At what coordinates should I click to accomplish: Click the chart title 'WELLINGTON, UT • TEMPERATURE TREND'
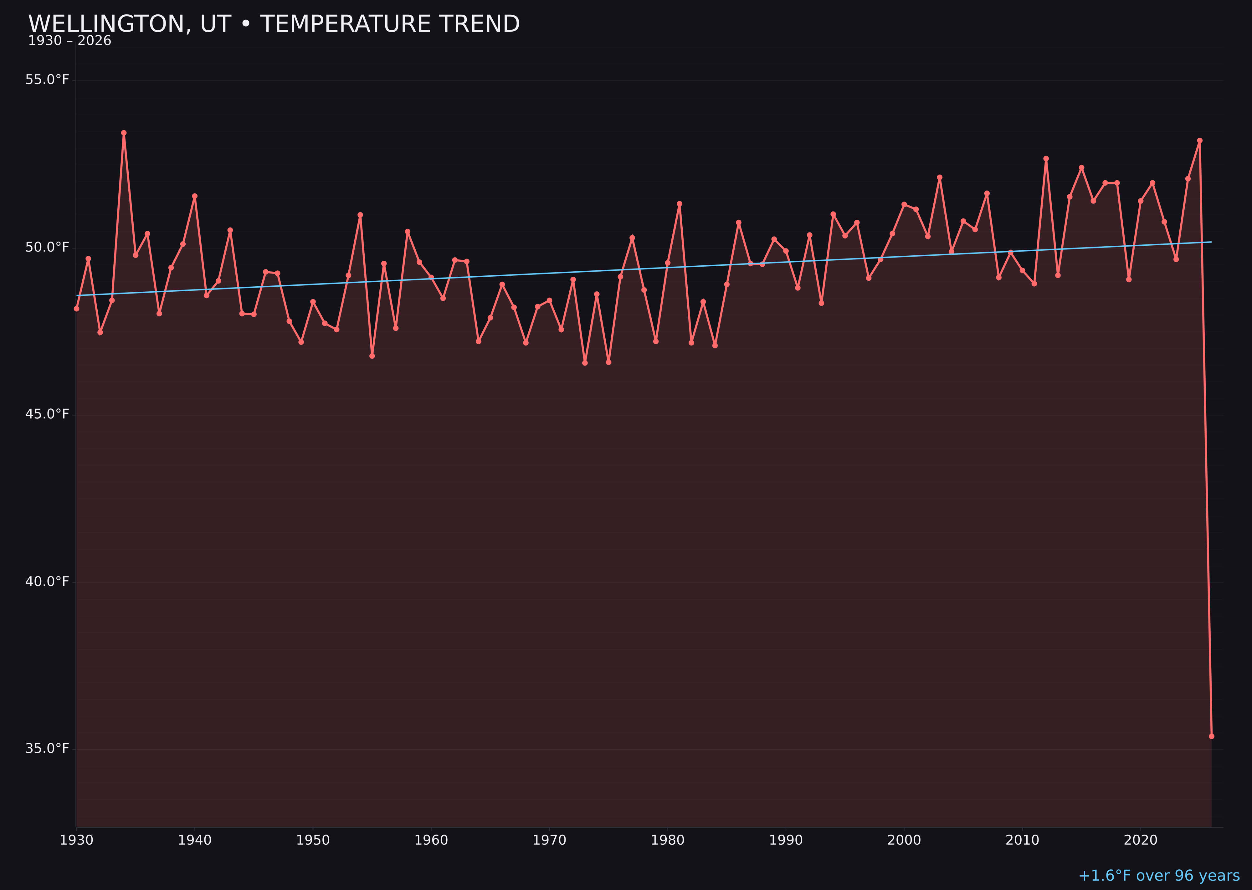tap(274, 24)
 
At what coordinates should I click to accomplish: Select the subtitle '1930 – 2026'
tap(69, 41)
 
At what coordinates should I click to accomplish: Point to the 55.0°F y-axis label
tap(47, 80)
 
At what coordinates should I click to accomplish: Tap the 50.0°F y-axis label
tap(47, 247)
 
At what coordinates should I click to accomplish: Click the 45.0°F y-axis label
tap(47, 414)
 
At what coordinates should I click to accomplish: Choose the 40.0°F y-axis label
tap(47, 581)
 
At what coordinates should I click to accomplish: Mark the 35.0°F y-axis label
tap(47, 749)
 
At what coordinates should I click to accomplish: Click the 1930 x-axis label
tap(77, 840)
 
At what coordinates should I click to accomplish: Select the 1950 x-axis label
tap(313, 840)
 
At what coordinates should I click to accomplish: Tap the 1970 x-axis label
tap(549, 840)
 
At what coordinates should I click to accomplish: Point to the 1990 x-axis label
tap(786, 840)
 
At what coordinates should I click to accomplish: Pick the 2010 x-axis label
tap(1022, 840)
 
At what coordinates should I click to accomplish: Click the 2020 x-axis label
tap(1140, 840)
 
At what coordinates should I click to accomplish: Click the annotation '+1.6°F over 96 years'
tap(1159, 876)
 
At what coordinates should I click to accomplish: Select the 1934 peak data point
tap(124, 133)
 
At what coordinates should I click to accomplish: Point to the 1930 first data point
tap(77, 309)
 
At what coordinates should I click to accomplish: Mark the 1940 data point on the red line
tap(195, 196)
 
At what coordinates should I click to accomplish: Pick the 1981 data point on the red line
tap(679, 204)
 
